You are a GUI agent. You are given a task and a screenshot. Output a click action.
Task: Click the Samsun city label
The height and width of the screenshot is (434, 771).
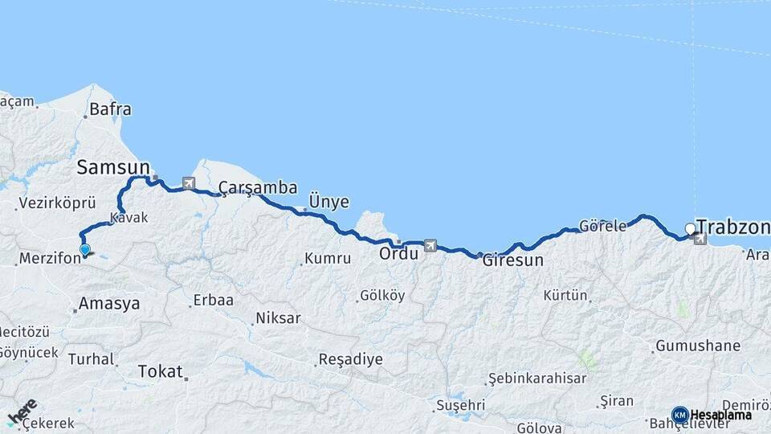[x=113, y=167]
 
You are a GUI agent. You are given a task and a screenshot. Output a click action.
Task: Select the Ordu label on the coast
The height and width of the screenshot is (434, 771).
[x=399, y=253]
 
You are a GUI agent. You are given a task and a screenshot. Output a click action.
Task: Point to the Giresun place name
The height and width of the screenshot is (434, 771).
[x=513, y=260]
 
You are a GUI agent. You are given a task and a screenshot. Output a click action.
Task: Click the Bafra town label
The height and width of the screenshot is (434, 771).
[x=110, y=109]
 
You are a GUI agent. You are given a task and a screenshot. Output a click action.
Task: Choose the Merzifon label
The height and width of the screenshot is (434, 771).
[x=48, y=259]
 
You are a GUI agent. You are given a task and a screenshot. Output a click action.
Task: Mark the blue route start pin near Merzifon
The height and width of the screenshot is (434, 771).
[x=85, y=250]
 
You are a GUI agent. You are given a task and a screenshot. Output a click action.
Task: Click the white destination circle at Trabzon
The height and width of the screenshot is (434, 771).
[x=690, y=229]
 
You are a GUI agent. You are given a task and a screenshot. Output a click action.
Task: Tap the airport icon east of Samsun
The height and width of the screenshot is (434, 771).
[x=189, y=183]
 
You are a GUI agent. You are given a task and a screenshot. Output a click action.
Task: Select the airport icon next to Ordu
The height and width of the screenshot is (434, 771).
[x=430, y=245]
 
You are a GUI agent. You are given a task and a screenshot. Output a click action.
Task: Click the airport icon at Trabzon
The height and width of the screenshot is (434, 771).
[x=700, y=238]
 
